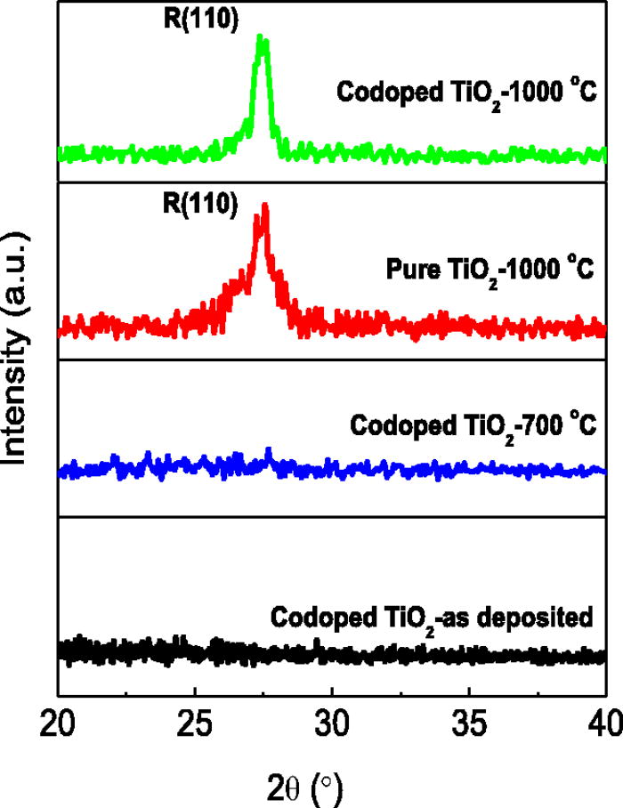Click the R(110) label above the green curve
[x=206, y=15]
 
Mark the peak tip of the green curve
[x=261, y=37]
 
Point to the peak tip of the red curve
[x=263, y=207]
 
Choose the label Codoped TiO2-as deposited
[x=431, y=617]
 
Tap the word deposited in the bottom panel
[x=543, y=617]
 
